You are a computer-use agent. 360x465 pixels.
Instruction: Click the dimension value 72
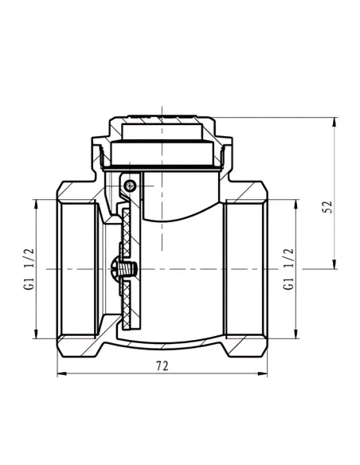pyautogui.click(x=162, y=366)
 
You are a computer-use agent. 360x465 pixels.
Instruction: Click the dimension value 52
pyautogui.click(x=327, y=207)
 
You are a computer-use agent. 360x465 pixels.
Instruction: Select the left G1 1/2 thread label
pyautogui.click(x=29, y=269)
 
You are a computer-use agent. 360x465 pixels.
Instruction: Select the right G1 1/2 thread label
pyautogui.click(x=288, y=269)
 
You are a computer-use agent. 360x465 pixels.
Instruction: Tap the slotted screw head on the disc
pyautogui.click(x=115, y=269)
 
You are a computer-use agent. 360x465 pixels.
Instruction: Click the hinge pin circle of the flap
pyautogui.click(x=130, y=186)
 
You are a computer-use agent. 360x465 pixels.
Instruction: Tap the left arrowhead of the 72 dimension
pyautogui.click(x=61, y=373)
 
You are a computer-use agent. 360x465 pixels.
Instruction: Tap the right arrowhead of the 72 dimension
pyautogui.click(x=263, y=373)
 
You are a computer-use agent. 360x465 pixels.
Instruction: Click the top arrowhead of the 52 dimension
pyautogui.click(x=335, y=123)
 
